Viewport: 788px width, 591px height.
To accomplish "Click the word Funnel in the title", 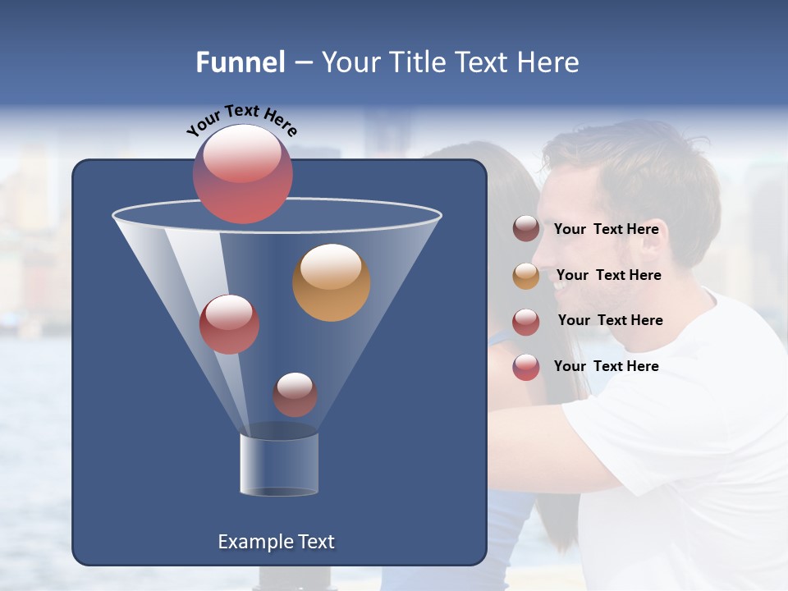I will coord(241,62).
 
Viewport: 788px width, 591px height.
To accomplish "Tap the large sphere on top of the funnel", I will coord(242,174).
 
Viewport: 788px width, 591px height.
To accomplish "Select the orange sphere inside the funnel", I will coord(331,282).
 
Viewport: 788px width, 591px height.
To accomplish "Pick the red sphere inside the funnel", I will coord(229,324).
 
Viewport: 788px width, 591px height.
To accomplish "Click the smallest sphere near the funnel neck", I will coord(295,394).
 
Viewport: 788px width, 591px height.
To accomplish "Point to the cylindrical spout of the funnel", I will coord(279,465).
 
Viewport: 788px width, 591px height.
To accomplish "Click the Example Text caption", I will coord(277,542).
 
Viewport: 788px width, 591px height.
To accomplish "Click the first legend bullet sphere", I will coord(526,229).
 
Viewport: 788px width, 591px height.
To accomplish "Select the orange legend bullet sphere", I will coord(526,276).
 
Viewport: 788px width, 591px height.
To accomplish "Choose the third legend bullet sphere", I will coord(526,322).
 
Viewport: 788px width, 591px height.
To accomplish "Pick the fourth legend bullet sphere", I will coord(526,367).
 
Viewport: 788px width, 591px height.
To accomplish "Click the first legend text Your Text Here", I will coord(606,229).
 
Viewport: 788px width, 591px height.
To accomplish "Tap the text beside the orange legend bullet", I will coord(608,275).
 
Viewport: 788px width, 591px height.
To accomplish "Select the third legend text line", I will coord(610,320).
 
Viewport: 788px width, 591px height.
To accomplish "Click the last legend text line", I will coord(606,366).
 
